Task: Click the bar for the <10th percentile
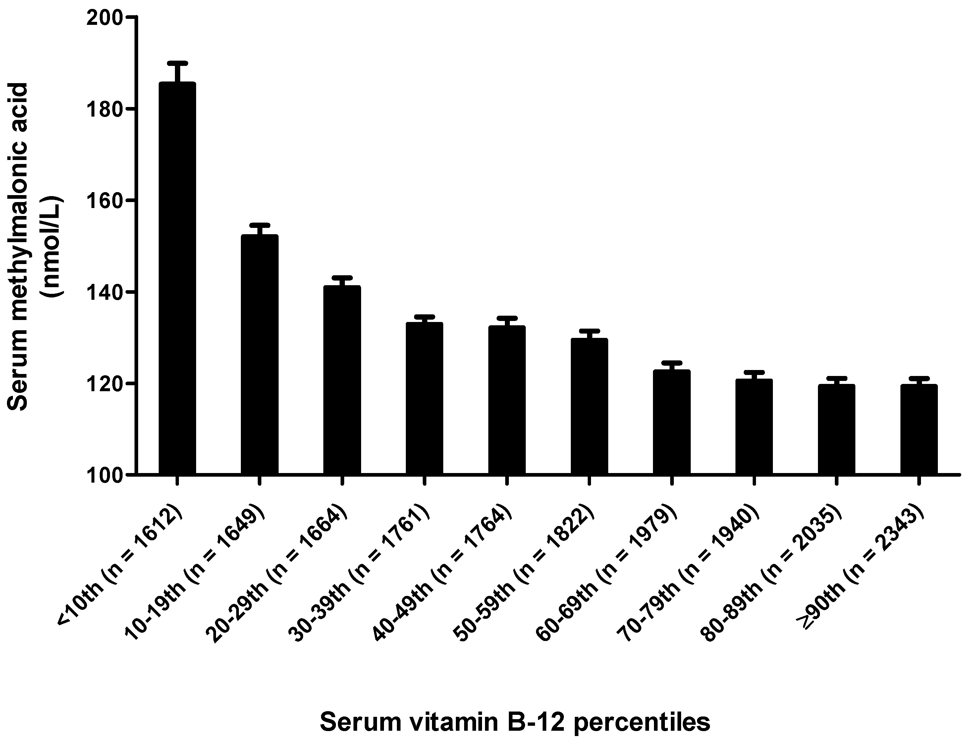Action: click(x=177, y=278)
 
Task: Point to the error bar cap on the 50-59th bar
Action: click(x=589, y=330)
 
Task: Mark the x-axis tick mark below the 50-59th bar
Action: click(x=589, y=481)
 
